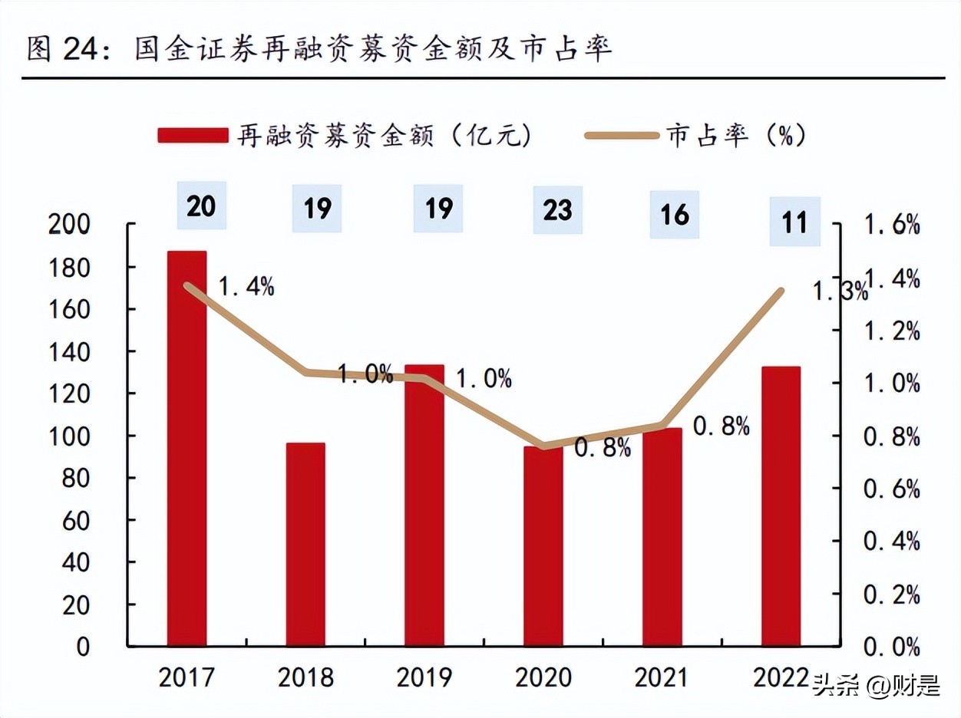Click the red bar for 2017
tap(187, 448)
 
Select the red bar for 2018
tap(305, 544)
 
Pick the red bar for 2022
tap(781, 506)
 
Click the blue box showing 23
tap(557, 209)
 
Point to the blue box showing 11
tap(794, 222)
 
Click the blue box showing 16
tap(674, 214)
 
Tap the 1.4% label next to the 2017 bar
tap(246, 287)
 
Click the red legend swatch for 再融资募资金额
tap(193, 136)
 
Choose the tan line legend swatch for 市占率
tap(621, 136)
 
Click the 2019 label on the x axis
tap(424, 678)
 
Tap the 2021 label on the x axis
tap(662, 678)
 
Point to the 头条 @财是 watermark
tap(875, 685)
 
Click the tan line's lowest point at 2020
tap(544, 446)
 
